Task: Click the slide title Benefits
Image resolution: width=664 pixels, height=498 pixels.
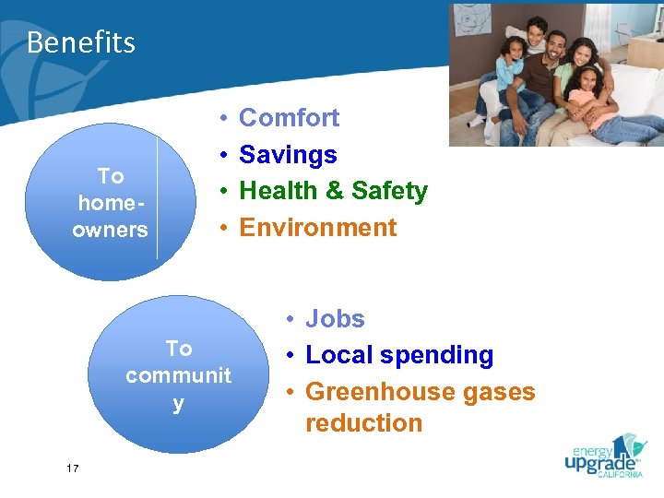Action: coord(81,42)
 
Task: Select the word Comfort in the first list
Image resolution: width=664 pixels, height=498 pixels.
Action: coord(289,118)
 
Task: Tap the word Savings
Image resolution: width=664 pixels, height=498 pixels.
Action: coord(288,155)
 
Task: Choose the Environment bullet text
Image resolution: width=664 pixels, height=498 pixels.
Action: coord(317,228)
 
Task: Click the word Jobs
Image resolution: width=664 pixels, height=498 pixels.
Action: coord(335,319)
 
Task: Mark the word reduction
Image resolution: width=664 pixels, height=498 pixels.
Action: coord(363,423)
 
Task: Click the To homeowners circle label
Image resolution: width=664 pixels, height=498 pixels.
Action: coord(110,203)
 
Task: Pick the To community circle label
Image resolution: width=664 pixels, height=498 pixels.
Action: coord(178,376)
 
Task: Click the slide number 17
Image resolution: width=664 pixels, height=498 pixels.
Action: coord(73,469)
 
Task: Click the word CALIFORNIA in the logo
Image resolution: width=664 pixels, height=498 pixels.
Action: coord(619,475)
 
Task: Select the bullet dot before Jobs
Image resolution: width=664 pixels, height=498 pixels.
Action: coord(290,319)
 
